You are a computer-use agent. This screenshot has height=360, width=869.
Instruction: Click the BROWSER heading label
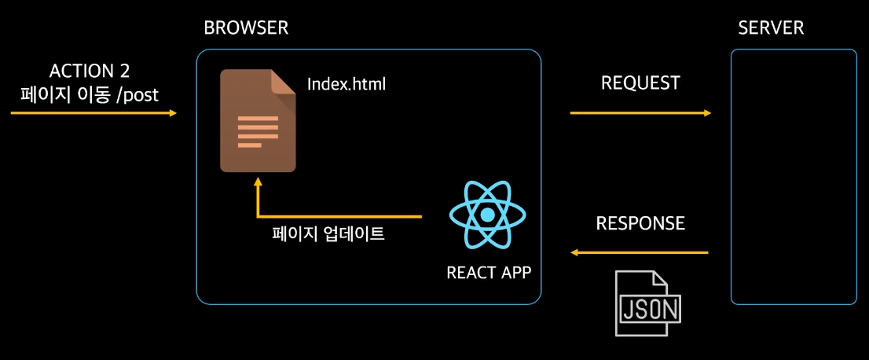click(246, 28)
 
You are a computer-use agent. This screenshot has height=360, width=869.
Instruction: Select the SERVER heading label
click(771, 28)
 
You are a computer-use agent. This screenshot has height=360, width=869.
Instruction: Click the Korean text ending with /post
click(90, 95)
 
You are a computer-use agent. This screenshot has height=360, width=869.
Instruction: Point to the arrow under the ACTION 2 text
click(93, 113)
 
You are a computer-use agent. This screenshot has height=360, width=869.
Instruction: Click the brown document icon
click(258, 121)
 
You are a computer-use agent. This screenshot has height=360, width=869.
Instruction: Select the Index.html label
click(346, 83)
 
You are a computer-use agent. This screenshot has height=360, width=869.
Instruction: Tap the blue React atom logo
click(488, 215)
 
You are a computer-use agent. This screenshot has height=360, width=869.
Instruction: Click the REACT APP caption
click(489, 273)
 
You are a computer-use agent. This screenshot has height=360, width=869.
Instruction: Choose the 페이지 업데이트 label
click(328, 233)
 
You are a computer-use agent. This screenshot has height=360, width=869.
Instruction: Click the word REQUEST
click(640, 83)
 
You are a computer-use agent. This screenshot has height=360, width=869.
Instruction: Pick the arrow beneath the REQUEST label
click(640, 113)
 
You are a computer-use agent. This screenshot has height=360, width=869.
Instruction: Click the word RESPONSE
click(640, 223)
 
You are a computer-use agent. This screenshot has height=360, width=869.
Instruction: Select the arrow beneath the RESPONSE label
click(640, 253)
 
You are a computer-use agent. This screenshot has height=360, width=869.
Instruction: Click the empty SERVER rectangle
click(794, 177)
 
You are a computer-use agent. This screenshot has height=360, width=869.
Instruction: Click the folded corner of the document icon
click(284, 82)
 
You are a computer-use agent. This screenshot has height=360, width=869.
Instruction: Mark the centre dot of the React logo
click(488, 215)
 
